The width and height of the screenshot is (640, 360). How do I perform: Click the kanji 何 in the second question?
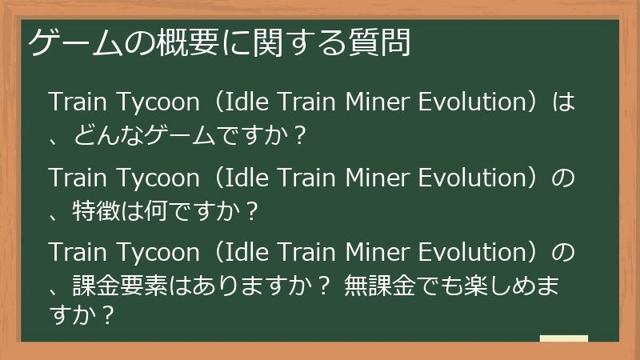160,212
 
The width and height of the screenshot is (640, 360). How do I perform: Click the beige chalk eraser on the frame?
563,338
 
